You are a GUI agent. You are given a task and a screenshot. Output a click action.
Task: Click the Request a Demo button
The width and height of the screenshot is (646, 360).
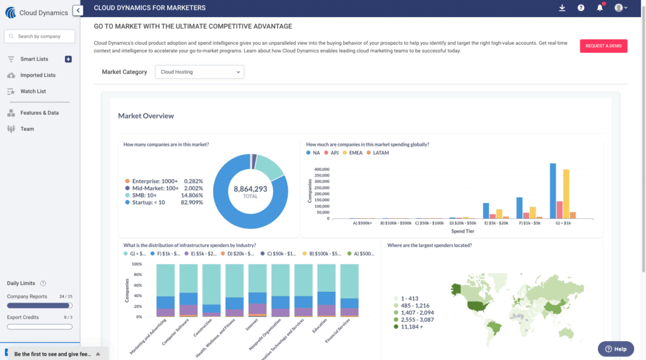[x=603, y=46]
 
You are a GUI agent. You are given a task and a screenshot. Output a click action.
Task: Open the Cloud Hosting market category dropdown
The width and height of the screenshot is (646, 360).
[x=199, y=72]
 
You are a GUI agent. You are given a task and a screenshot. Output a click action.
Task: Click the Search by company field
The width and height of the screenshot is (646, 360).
[x=40, y=37]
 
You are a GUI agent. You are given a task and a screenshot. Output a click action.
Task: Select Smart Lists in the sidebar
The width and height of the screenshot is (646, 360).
[x=34, y=59]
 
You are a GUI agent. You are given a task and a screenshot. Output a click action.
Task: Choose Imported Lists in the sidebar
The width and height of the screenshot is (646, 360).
[x=38, y=75]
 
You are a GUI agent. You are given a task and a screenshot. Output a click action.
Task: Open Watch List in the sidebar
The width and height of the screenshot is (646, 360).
[x=33, y=91]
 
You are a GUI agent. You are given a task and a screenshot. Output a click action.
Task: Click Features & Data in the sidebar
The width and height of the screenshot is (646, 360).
[x=39, y=113]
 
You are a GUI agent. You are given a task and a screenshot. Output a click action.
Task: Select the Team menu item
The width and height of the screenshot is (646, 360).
[x=27, y=129]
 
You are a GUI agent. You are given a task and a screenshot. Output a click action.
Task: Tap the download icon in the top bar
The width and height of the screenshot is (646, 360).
[x=562, y=8]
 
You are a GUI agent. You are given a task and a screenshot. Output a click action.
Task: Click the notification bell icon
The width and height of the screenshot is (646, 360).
[x=600, y=8]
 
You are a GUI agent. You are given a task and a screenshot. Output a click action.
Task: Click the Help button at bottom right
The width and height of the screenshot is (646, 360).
[x=615, y=349]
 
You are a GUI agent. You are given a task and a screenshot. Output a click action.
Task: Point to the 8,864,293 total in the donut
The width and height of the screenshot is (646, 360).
[x=250, y=189]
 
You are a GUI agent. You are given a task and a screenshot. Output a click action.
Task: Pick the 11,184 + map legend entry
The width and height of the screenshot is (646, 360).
[x=410, y=327]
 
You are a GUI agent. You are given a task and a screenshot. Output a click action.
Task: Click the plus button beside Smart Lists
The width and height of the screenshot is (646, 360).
[x=68, y=59]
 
